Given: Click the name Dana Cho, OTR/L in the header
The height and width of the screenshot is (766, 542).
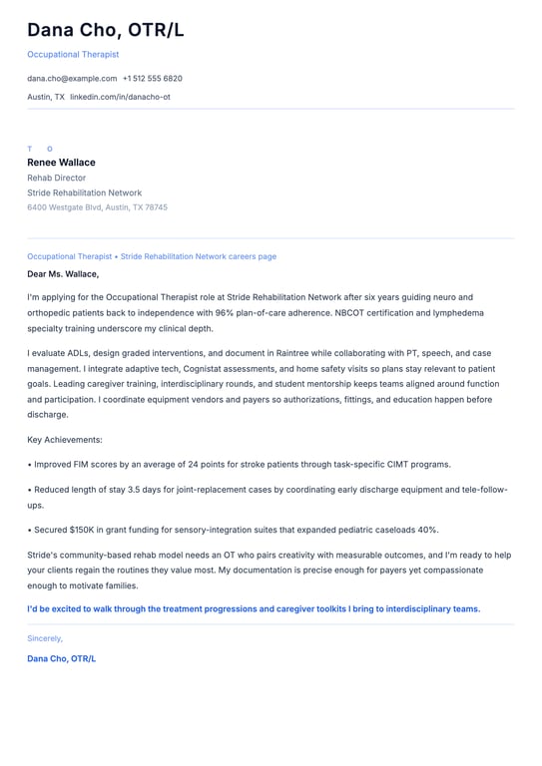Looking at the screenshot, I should (x=105, y=30).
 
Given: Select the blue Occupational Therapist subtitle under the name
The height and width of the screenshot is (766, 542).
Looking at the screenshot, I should (x=73, y=54).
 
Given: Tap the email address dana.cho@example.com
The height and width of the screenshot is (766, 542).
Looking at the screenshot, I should (x=72, y=78).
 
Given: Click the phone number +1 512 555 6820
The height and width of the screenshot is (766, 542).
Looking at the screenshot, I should (x=152, y=78).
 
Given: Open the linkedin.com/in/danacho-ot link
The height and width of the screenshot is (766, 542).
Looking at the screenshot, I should (x=120, y=97).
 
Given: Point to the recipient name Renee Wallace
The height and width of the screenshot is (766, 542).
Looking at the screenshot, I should (x=61, y=163).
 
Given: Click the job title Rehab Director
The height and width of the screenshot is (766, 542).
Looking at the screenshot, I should (x=56, y=178).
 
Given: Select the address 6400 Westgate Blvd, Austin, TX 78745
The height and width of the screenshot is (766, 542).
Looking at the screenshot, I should (x=97, y=207).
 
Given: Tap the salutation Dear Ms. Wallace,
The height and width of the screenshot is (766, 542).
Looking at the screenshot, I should (x=63, y=273).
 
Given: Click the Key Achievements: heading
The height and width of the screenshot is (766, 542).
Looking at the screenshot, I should (x=65, y=439).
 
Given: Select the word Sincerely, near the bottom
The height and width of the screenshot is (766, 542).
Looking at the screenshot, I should (x=45, y=638).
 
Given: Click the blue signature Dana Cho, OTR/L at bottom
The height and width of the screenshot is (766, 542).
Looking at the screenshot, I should (x=62, y=659).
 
